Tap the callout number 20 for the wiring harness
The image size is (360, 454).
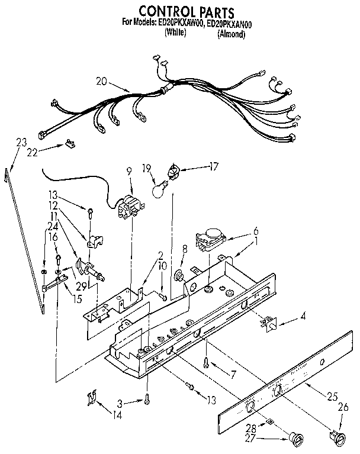point(101,82)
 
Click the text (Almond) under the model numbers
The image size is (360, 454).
point(231,34)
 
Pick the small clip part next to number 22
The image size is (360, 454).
point(71,143)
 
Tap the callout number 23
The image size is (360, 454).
point(21,142)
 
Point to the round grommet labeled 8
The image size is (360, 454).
point(178,275)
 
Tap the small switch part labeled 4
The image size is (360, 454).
point(271,323)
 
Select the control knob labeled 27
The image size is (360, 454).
point(294,440)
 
